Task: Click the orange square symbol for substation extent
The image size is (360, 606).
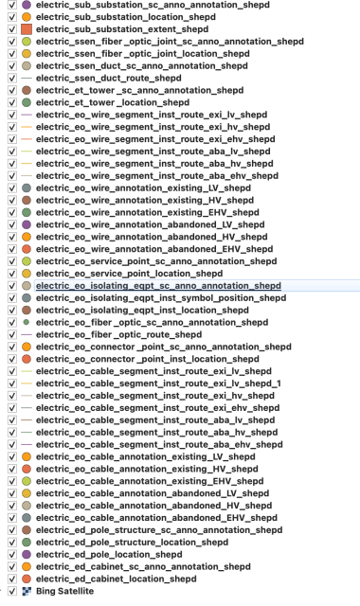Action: coord(26,30)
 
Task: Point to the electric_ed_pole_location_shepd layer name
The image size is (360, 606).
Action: coord(115,553)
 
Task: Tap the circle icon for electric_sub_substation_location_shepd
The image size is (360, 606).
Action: coord(26,18)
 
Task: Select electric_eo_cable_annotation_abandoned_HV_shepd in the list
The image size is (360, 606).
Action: coord(152,492)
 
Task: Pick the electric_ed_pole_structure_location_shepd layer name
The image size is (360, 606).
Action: coord(136,541)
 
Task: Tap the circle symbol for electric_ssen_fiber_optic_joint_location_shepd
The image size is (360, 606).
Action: coord(26,55)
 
